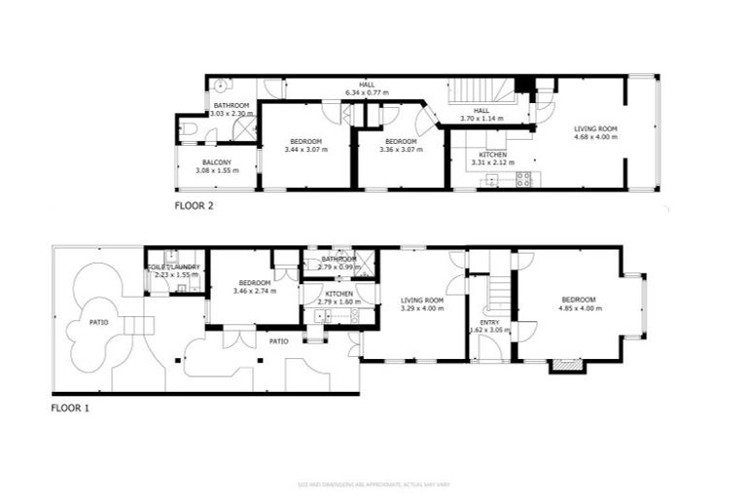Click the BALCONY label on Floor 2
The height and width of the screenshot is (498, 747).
click(x=216, y=162)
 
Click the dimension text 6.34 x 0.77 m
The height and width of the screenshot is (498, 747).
click(x=367, y=93)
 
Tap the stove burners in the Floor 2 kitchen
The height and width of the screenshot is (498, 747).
click(x=523, y=178)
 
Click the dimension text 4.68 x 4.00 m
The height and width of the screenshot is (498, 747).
click(x=595, y=138)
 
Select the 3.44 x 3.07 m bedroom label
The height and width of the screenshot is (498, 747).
click(x=305, y=150)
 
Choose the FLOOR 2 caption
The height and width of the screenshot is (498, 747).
click(x=194, y=206)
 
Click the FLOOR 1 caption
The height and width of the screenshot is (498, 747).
click(x=70, y=409)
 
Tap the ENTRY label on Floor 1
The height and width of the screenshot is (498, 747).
click(x=488, y=322)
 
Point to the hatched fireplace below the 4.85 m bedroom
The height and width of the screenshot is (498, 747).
click(x=565, y=367)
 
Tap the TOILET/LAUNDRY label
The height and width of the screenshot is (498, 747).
click(x=174, y=267)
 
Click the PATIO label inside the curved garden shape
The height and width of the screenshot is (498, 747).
click(x=98, y=322)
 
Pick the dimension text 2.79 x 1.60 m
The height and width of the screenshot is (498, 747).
click(x=338, y=302)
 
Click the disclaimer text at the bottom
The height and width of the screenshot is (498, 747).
click(x=373, y=483)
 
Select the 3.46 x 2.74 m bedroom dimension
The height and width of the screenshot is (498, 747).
click(x=255, y=290)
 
